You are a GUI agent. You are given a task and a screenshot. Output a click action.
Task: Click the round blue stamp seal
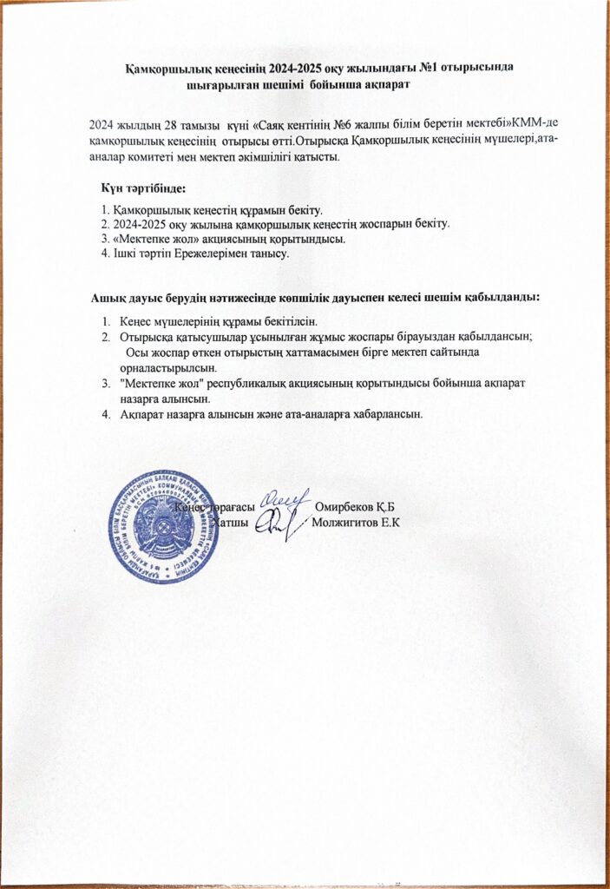pos(164,528)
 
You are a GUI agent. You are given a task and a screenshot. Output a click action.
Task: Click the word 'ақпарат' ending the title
pos(383,85)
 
